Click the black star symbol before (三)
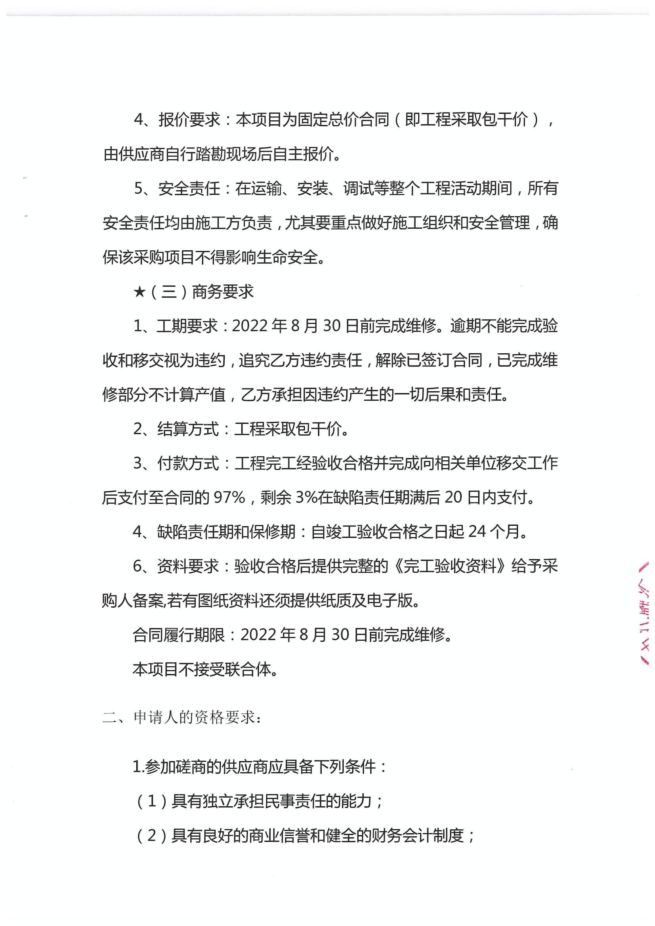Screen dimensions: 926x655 [139, 292]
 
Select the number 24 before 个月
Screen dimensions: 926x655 [477, 532]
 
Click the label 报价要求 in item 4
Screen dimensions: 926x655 [189, 120]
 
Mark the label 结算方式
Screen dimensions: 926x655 [188, 429]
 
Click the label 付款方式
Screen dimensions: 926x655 [188, 463]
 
